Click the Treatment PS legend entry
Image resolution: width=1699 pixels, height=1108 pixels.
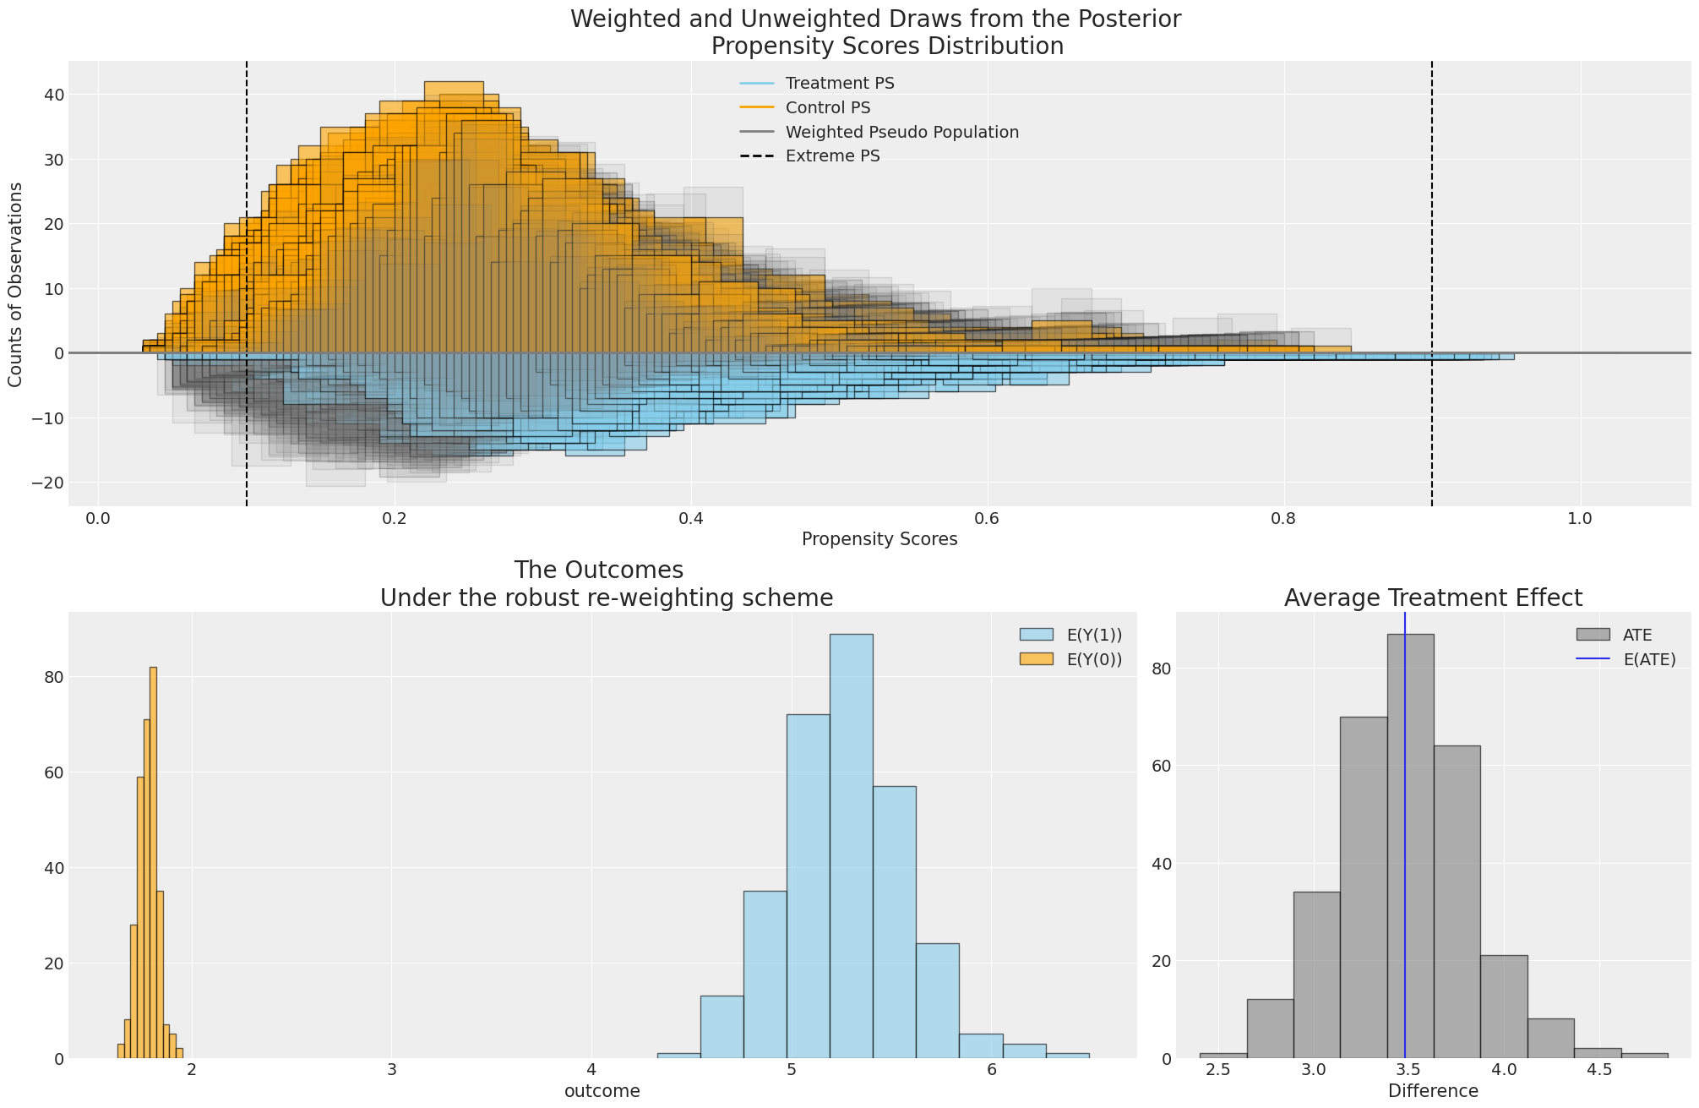tap(839, 84)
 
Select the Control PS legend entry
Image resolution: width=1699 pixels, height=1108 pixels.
tap(827, 108)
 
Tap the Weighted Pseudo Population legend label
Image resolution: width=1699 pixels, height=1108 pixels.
tap(901, 133)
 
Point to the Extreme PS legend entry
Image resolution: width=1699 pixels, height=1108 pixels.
tap(832, 156)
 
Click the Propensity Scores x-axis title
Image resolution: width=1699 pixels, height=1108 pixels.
tap(879, 539)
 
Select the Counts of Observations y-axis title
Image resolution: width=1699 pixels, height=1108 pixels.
tap(15, 285)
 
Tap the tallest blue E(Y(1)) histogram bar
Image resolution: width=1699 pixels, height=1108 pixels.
tap(851, 845)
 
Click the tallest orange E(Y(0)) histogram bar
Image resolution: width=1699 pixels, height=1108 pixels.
tap(153, 862)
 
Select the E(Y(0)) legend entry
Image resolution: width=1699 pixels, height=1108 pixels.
tap(1094, 660)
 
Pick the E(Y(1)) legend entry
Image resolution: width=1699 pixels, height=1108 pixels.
tap(1094, 636)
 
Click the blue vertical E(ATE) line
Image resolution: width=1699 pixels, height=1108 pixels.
tap(1404, 845)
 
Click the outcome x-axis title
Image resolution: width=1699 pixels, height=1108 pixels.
tap(602, 1091)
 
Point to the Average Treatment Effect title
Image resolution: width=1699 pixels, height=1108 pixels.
tap(1433, 598)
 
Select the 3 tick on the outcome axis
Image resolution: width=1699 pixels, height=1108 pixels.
tap(391, 1070)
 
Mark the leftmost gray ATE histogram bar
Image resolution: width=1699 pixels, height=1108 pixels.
tap(1223, 1056)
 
